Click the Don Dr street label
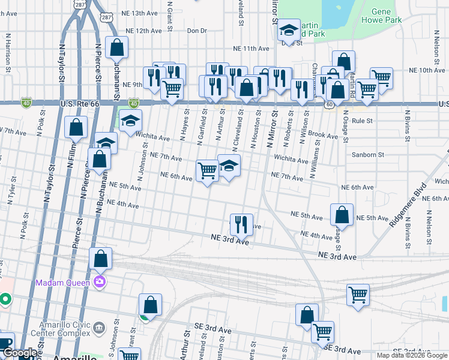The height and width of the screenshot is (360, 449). [196, 30]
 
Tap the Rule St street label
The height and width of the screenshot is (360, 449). [363, 121]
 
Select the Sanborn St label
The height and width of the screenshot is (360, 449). [368, 155]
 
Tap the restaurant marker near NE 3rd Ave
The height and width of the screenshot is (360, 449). [241, 225]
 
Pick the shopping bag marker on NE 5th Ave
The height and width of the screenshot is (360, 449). [342, 214]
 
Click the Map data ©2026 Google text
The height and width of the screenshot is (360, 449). [411, 355]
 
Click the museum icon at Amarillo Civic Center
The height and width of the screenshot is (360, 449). [99, 328]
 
